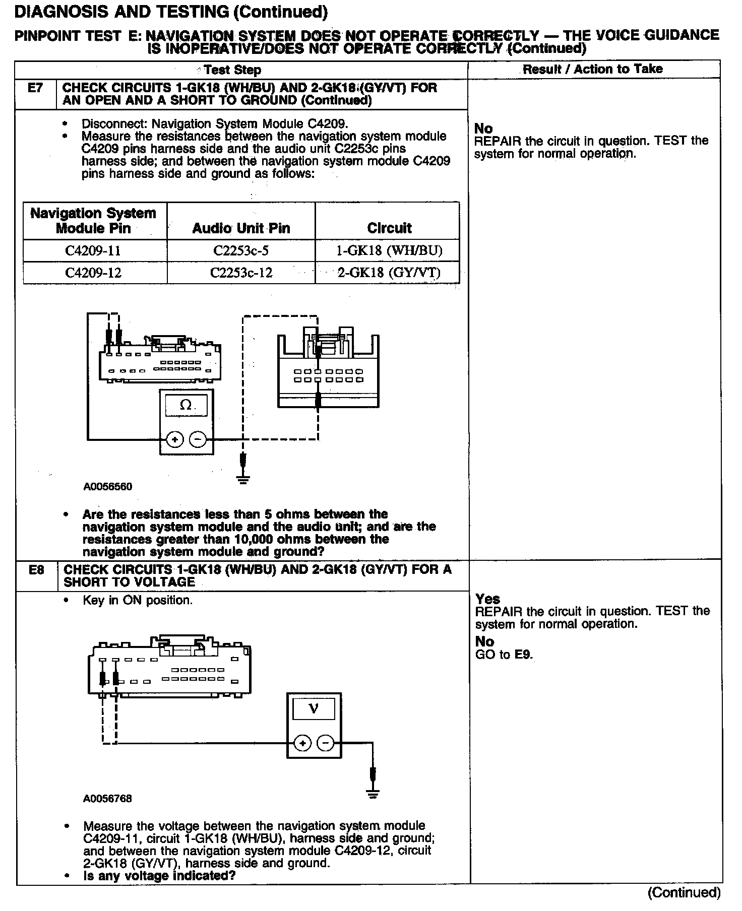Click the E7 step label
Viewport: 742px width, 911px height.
point(35,88)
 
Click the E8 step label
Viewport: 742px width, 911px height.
point(36,570)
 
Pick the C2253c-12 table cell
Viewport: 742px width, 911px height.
point(241,273)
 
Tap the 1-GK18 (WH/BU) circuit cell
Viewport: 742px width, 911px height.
point(389,250)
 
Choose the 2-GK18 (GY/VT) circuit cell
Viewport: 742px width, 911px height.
point(389,273)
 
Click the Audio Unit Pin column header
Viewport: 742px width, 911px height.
point(241,228)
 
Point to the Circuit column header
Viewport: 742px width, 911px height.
point(389,228)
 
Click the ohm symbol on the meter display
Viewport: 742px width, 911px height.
point(186,405)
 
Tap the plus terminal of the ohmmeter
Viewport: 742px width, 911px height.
point(175,440)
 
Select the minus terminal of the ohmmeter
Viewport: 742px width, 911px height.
point(198,440)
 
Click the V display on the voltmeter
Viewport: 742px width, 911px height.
point(313,709)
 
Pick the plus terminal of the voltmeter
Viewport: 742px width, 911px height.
point(302,743)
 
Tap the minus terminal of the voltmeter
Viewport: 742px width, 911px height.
point(326,743)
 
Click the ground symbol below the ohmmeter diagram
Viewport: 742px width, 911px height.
point(243,479)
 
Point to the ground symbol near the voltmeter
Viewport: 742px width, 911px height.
point(373,795)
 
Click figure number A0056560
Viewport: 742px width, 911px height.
point(108,487)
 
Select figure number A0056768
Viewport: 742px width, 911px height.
point(108,799)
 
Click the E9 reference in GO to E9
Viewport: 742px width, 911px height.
point(523,655)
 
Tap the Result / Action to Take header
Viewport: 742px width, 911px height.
point(592,69)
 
